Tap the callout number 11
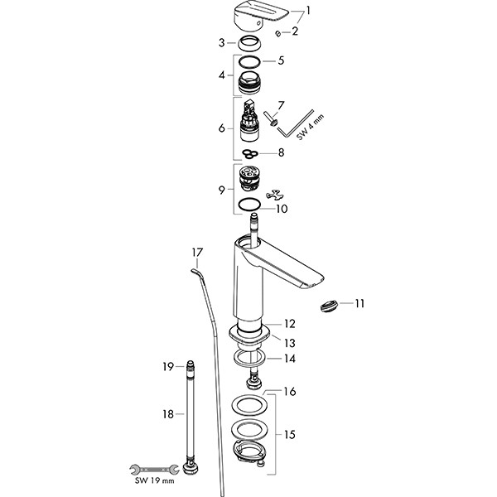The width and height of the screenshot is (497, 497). tap(359, 304)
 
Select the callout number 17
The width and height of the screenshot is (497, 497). tap(196, 252)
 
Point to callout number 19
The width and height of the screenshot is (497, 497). tap(166, 366)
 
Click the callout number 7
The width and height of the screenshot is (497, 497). tap(281, 105)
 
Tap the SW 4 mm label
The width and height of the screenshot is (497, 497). tap(302, 130)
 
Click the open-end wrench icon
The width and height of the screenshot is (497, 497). tap(155, 468)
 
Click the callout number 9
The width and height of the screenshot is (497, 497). tap(220, 190)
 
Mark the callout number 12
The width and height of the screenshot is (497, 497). tap(289, 324)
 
